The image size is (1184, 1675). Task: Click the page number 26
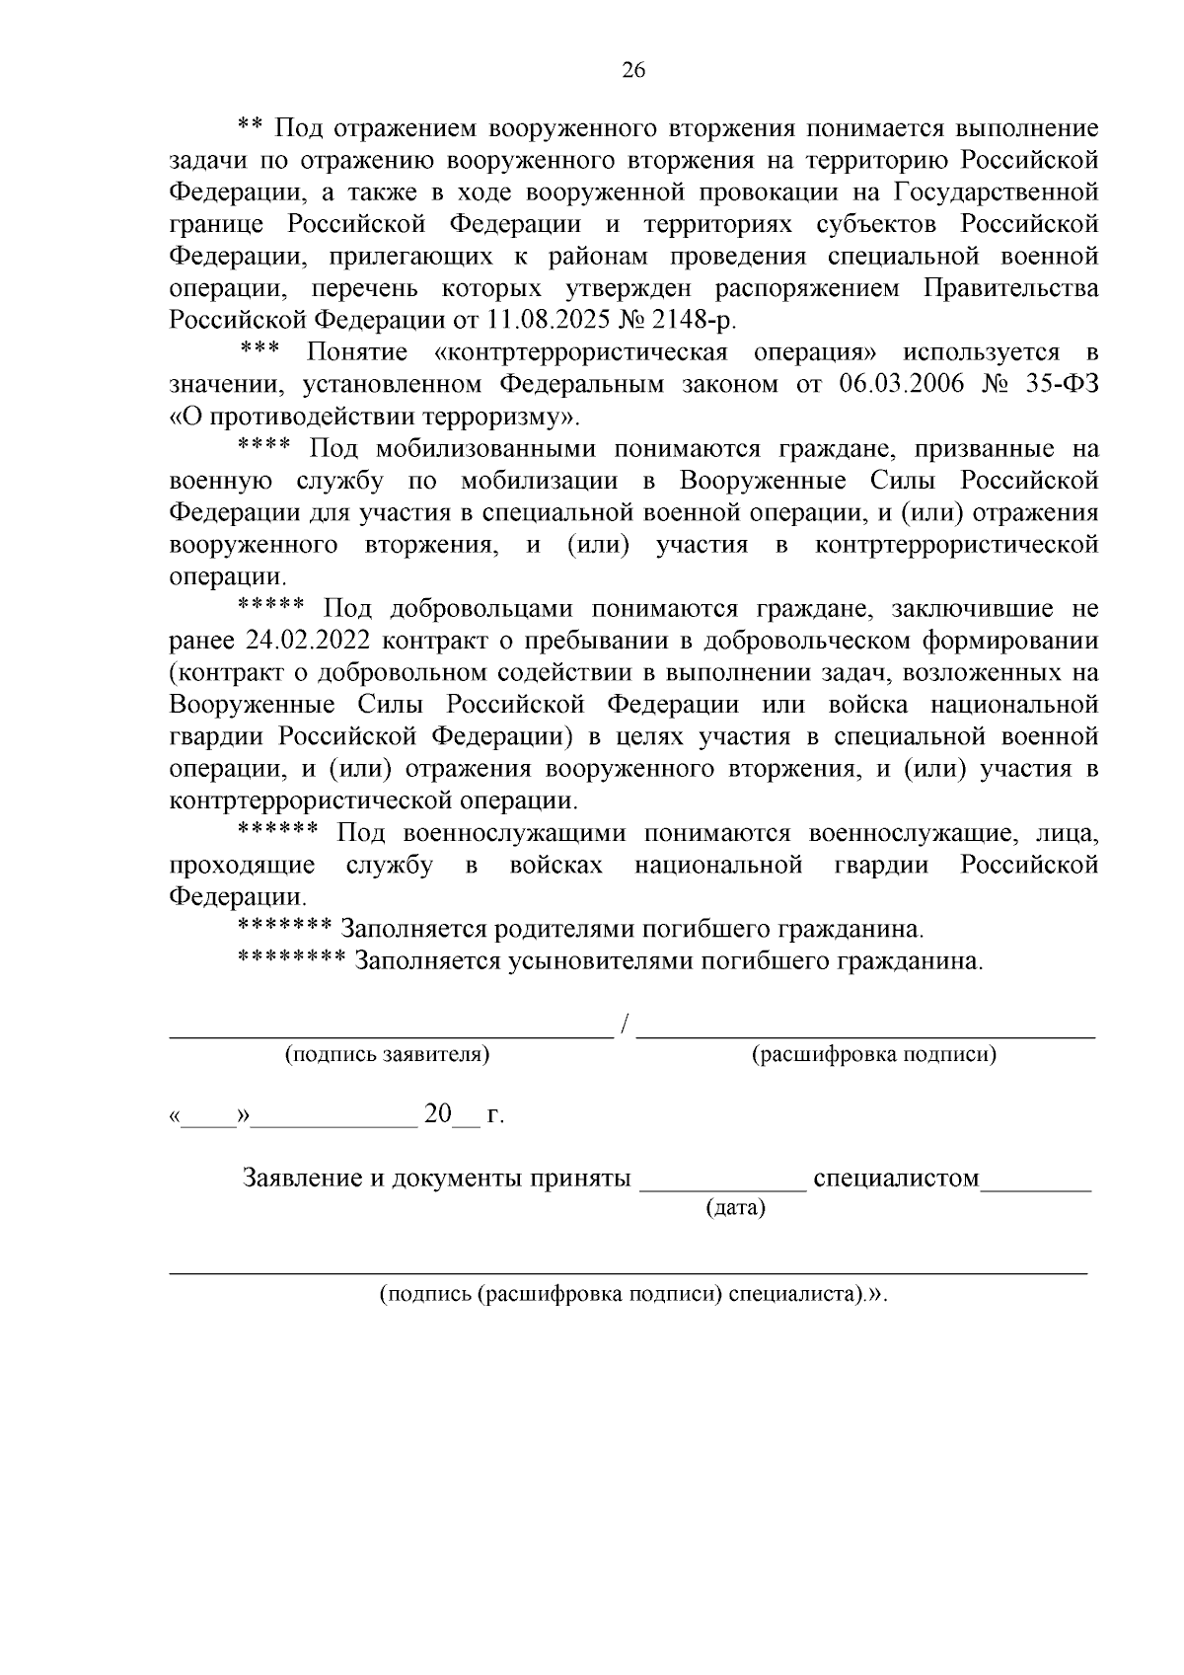click(x=632, y=70)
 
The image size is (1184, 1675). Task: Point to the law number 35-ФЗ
click(x=1062, y=384)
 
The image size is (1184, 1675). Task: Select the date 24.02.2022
click(x=305, y=641)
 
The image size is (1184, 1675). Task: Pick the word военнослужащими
click(x=513, y=833)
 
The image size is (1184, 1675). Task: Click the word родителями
click(x=562, y=929)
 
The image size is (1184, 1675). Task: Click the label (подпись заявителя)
click(x=388, y=1054)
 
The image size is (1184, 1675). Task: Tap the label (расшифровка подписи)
click(x=874, y=1054)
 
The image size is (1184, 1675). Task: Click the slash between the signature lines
click(x=626, y=1027)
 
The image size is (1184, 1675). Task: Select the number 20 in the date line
click(x=437, y=1114)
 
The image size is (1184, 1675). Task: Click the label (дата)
click(x=736, y=1207)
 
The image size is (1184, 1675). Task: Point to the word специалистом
click(x=895, y=1179)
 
